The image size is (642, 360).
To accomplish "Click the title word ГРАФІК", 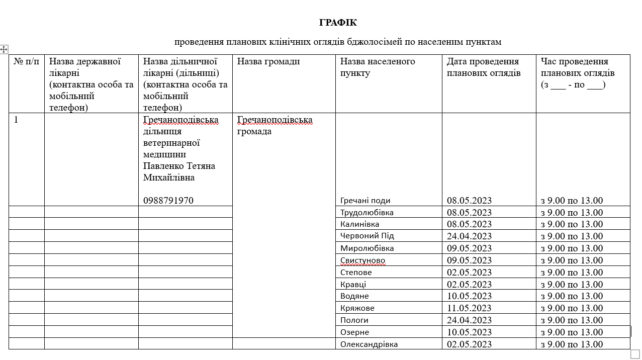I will (x=338, y=23).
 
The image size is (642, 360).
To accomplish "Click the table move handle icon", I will (x=4, y=49).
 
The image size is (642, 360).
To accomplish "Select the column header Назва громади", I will (x=268, y=61).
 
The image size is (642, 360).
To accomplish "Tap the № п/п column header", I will (x=26, y=61).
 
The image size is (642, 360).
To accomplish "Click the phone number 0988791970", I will (x=168, y=200).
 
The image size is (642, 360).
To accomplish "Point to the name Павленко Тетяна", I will (x=179, y=165).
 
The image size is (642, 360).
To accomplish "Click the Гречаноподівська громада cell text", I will (x=274, y=126).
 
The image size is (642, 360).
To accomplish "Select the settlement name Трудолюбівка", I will (x=366, y=212).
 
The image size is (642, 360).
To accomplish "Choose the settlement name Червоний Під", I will (x=367, y=236).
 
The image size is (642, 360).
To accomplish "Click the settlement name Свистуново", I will (x=362, y=260).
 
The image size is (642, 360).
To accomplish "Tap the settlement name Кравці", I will (x=353, y=284).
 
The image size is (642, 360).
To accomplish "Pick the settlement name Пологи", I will (x=354, y=320).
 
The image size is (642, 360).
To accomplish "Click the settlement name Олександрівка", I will (x=369, y=344).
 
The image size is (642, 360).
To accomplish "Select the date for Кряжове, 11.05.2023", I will (x=469, y=308).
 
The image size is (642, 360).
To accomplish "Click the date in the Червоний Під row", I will (x=469, y=236).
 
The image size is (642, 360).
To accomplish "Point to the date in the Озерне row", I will (x=469, y=332).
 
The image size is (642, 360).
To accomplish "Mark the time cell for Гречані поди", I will (x=572, y=200).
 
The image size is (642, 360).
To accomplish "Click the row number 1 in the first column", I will (x=16, y=120).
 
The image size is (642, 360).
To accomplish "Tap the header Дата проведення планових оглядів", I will (x=483, y=67).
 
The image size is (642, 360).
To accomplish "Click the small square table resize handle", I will (x=635, y=354).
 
